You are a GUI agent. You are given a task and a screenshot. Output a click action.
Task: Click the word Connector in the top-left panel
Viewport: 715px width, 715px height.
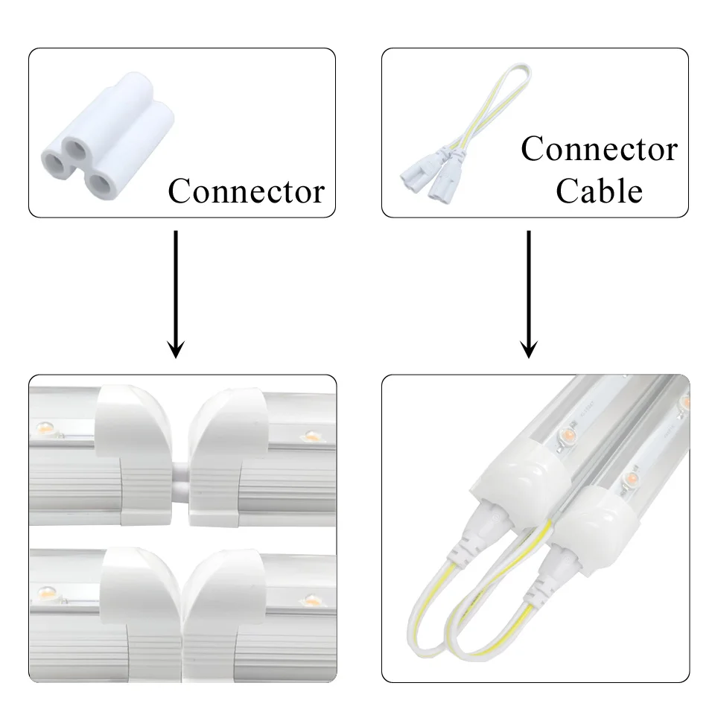pyautogui.click(x=247, y=191)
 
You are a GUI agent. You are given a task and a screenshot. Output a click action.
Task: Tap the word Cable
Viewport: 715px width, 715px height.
pyautogui.click(x=599, y=191)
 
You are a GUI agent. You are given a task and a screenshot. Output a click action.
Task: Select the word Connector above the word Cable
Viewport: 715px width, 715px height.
pyautogui.click(x=599, y=149)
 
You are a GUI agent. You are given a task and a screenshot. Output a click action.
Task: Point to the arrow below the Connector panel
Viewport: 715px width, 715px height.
pyautogui.click(x=176, y=294)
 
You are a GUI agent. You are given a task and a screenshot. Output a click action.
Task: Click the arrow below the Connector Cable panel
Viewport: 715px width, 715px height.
pyautogui.click(x=529, y=294)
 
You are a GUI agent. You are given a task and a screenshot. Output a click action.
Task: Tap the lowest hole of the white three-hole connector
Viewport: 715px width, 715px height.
pyautogui.click(x=99, y=183)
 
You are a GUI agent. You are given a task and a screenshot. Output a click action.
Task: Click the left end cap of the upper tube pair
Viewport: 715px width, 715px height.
pyautogui.click(x=133, y=454)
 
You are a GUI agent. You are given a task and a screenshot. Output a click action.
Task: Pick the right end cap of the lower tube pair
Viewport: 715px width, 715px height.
pyautogui.click(x=223, y=616)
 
